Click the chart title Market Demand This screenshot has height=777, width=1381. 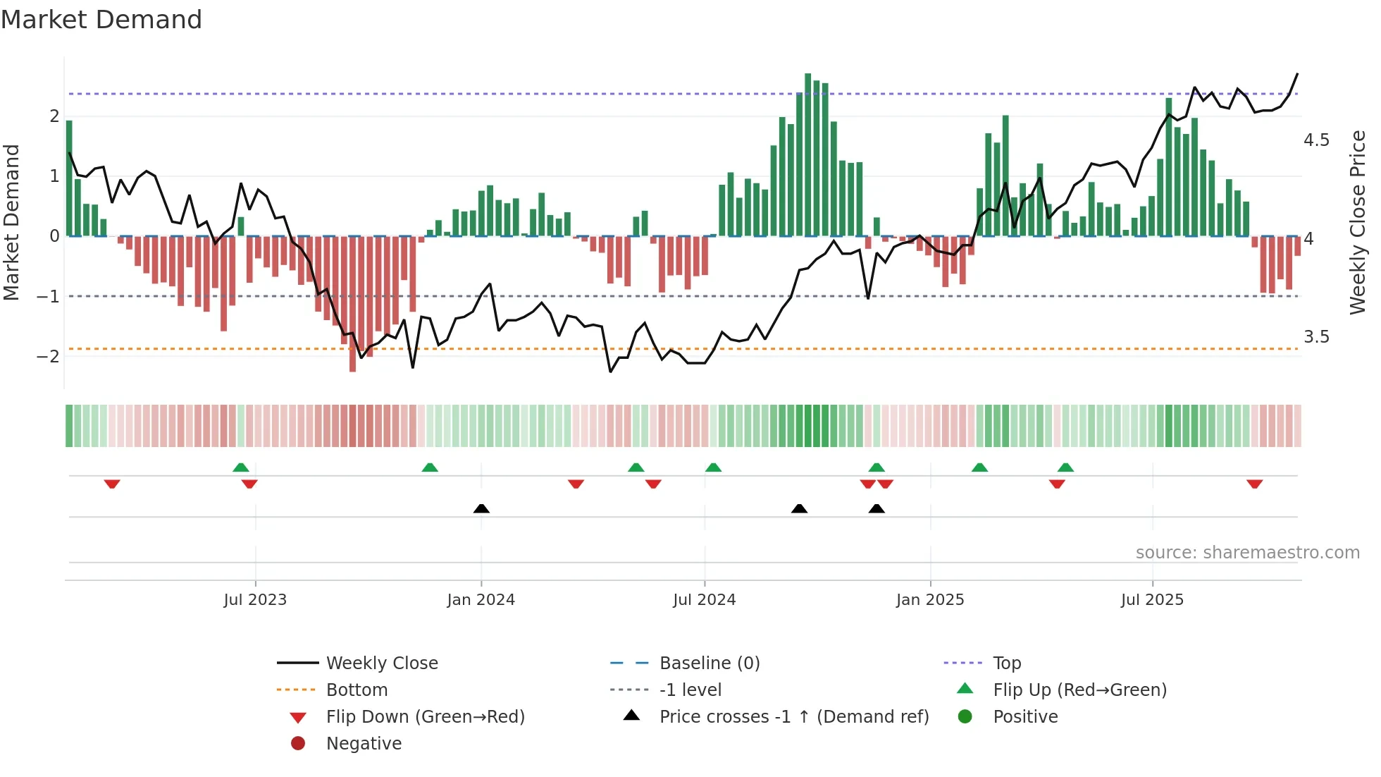101,20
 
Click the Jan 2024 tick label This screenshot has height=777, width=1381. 481,600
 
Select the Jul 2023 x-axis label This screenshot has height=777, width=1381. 255,600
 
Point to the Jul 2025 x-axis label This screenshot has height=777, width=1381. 1152,600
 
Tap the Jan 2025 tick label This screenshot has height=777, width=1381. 930,600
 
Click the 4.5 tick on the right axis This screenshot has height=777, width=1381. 1315,140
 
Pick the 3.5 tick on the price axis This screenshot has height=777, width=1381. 1315,337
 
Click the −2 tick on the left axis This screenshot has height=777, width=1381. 48,356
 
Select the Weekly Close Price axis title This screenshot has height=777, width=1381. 1358,222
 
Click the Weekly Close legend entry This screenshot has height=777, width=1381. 381,663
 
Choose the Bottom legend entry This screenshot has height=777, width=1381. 357,690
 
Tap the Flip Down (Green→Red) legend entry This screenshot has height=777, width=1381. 425,717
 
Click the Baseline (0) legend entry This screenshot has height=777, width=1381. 709,663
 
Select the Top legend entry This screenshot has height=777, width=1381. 1007,663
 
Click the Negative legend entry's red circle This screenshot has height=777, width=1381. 298,744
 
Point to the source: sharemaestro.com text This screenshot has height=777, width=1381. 1247,553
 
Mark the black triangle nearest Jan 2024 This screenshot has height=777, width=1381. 481,508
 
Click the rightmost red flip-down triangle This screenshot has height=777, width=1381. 1254,484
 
